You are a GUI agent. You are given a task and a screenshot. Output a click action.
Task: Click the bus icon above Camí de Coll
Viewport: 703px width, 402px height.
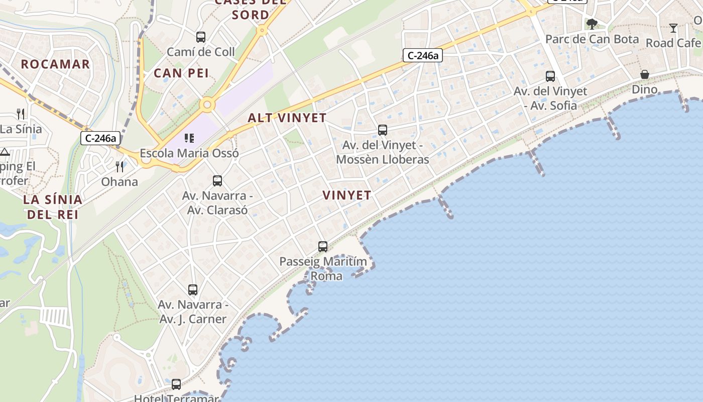coord(201,37)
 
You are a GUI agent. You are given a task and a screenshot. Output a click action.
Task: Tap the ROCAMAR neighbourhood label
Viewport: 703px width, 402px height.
coord(55,64)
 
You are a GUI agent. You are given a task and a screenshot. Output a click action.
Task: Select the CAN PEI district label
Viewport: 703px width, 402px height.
coord(181,73)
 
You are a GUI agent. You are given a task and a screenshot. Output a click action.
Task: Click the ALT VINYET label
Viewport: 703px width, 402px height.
coord(287,118)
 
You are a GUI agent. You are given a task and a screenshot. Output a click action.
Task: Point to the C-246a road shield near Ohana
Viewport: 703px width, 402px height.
coord(100,138)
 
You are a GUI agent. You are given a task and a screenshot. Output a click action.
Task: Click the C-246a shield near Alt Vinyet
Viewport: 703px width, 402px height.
coord(422,55)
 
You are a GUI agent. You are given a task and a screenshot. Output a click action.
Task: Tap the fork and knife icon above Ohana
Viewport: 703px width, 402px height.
coord(120,166)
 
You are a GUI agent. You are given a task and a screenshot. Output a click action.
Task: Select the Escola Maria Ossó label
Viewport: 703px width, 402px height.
coord(189,153)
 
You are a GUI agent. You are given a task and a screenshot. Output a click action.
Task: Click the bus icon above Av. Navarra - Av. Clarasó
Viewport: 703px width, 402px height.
coord(217,180)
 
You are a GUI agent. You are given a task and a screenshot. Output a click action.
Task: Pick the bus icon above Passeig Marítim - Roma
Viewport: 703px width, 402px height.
coord(323,247)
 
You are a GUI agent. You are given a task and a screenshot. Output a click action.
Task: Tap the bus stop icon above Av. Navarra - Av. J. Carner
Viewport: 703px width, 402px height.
coord(193,290)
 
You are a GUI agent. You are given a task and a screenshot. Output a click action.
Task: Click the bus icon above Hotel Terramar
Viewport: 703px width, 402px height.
coord(176,384)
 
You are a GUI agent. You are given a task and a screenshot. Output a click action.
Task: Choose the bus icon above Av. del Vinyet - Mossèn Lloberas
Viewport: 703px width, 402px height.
coord(383,130)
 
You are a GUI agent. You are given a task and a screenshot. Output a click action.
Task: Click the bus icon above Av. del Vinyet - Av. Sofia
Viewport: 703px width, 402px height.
coord(550,76)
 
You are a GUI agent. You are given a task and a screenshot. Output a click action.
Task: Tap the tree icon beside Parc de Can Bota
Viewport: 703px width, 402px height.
coord(592,24)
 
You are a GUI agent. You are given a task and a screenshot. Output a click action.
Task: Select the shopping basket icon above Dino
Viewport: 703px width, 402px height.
coord(645,75)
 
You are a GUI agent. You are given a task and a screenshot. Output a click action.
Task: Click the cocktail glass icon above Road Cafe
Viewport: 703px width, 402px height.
coord(673,28)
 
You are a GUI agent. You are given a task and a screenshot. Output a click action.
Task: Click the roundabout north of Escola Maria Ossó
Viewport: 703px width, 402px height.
coord(207,106)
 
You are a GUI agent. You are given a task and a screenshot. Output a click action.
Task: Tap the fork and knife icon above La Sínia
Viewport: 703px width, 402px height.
coord(21,114)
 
